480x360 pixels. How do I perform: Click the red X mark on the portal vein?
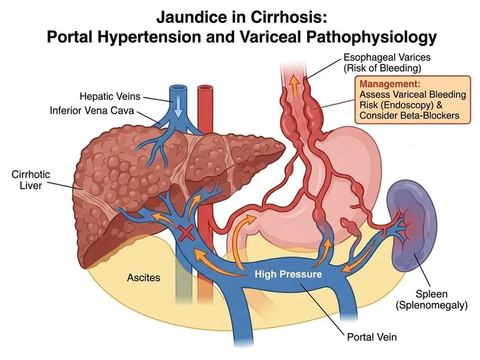(187, 234)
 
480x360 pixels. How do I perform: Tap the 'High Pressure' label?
(289, 274)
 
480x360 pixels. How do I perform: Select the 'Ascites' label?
(143, 278)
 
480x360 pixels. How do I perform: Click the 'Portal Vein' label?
(371, 337)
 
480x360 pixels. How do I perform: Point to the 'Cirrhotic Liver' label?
(31, 179)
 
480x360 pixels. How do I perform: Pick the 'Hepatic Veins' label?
(110, 96)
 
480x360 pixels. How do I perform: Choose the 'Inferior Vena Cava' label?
(92, 110)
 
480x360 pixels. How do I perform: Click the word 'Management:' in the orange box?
(390, 84)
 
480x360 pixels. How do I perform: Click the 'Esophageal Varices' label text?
(387, 57)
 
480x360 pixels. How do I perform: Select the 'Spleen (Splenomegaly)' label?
(431, 299)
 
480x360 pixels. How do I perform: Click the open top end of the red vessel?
(205, 88)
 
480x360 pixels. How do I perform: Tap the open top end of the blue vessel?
(178, 88)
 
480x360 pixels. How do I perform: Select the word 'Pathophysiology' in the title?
(371, 38)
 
